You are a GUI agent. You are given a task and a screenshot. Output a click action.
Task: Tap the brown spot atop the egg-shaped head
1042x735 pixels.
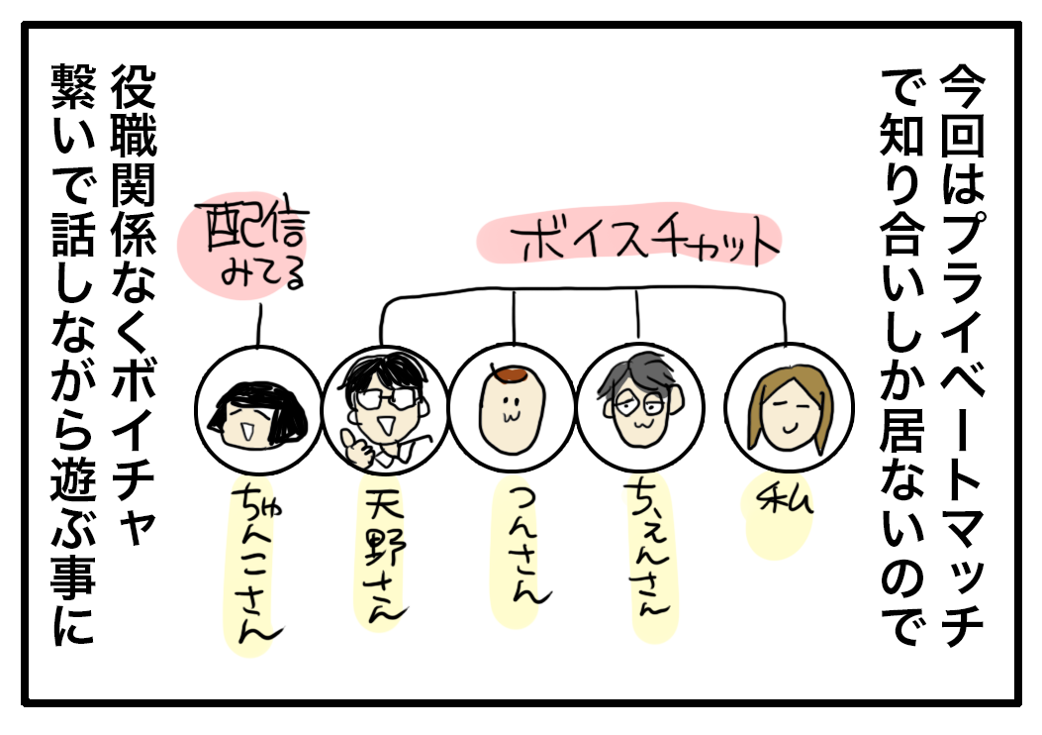coord(513,374)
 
